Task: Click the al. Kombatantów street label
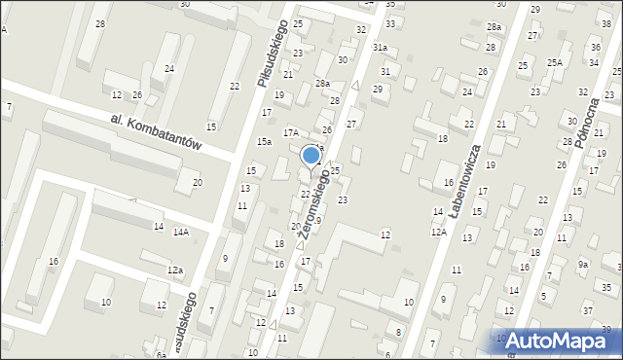156,130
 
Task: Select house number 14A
181,232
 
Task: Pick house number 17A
290,132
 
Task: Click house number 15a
263,142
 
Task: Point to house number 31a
380,47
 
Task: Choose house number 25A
554,62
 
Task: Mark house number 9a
583,264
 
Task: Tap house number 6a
161,356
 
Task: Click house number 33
390,22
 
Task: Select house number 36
595,47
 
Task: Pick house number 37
587,310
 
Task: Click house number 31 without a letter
385,71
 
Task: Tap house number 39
606,330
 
